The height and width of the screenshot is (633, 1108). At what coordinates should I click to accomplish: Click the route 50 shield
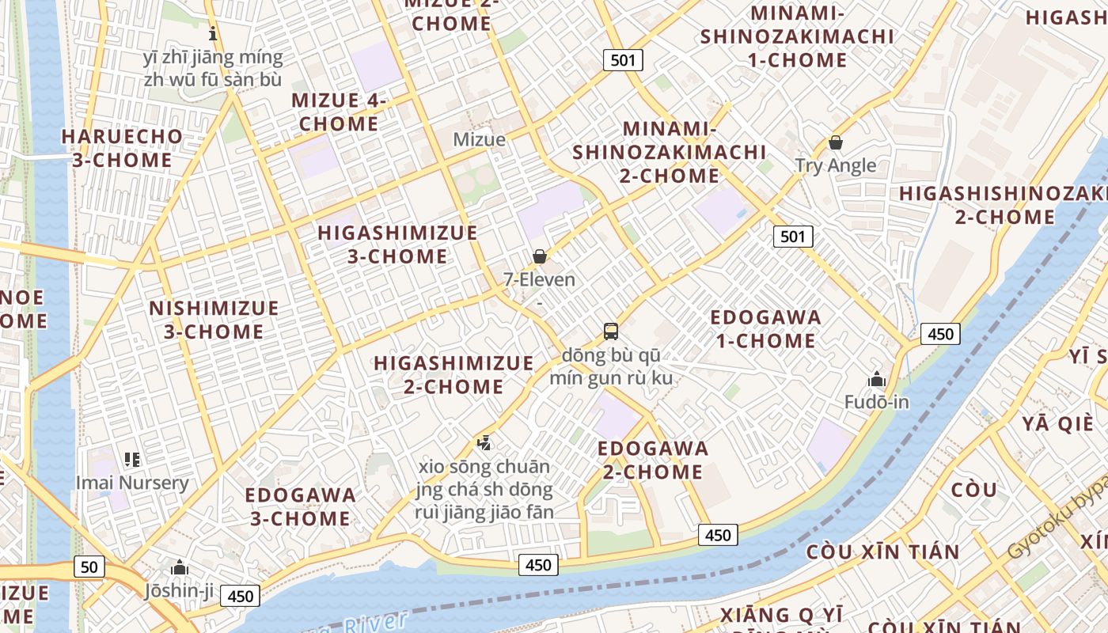pos(89,567)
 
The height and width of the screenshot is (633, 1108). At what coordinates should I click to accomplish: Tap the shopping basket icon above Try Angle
pos(835,143)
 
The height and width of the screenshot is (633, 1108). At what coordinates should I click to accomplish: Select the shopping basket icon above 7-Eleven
pos(540,256)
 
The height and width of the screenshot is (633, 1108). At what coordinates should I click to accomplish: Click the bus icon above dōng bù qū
pos(610,332)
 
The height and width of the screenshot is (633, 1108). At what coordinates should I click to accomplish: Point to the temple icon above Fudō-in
pos(876,379)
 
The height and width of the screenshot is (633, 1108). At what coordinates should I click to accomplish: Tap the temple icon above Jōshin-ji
pos(180,567)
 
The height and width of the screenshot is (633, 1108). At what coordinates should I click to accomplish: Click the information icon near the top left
pos(212,34)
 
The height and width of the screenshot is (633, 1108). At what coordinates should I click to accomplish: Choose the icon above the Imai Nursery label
pos(132,459)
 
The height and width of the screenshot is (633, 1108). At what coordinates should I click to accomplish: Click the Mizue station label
pos(479,140)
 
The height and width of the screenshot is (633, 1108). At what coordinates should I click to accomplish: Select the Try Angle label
pos(836,165)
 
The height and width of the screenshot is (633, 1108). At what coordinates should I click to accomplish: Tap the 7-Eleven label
pos(540,279)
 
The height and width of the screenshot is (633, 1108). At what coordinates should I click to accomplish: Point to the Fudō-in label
pos(876,402)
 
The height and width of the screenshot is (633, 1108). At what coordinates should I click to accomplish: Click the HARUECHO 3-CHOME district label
pos(122,148)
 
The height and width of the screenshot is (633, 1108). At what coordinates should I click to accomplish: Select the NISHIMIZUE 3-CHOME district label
pos(214,320)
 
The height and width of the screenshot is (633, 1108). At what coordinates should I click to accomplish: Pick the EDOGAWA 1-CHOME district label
pos(765,329)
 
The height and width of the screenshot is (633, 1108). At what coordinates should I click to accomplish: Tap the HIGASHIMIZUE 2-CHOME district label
pos(453,374)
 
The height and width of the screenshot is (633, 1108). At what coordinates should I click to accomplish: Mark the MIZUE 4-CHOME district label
pos(339,112)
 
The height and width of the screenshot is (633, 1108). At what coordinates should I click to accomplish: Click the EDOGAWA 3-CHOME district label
pos(300,506)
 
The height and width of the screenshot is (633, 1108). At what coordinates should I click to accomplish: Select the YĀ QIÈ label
pos(1057,423)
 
